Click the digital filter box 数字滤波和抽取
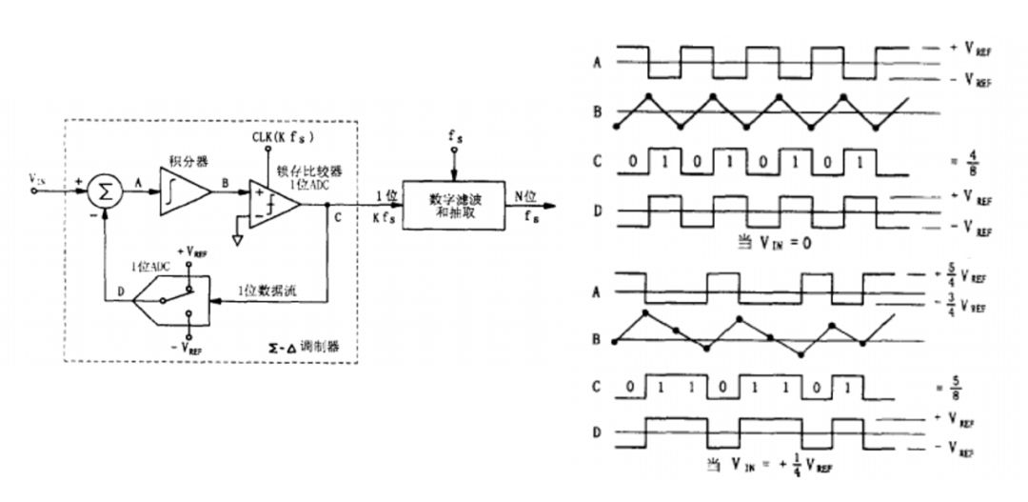tap(452, 202)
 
